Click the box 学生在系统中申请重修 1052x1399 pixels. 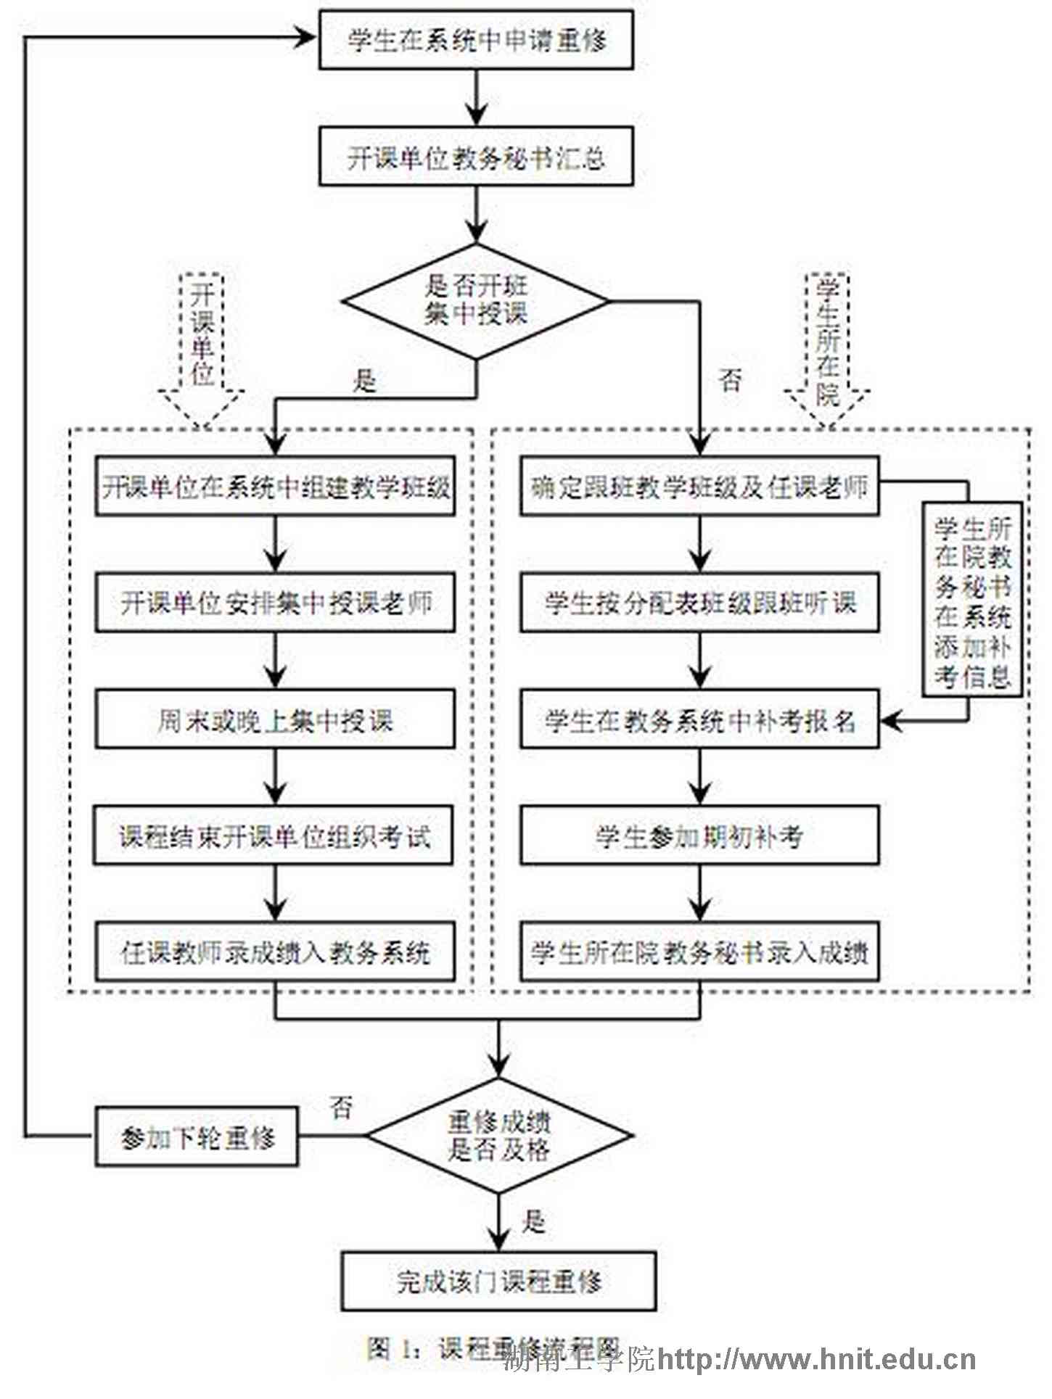click(x=476, y=41)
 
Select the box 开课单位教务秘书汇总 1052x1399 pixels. click(x=476, y=157)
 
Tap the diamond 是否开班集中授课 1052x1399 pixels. click(x=476, y=300)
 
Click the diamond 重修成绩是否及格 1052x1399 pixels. click(x=499, y=1136)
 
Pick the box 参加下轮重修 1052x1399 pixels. click(x=197, y=1136)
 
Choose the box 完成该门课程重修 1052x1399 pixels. click(x=499, y=1282)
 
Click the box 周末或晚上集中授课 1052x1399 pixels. click(x=275, y=719)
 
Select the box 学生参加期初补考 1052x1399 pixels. click(x=699, y=836)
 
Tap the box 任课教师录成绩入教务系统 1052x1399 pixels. click(x=275, y=952)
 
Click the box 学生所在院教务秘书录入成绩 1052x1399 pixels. click(x=699, y=952)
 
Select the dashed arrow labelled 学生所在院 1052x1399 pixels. click(x=827, y=348)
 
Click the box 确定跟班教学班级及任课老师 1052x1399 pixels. click(x=699, y=487)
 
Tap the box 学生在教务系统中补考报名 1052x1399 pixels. click(x=699, y=719)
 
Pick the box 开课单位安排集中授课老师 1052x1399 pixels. click(x=275, y=603)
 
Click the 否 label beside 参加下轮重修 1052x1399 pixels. click(x=341, y=1107)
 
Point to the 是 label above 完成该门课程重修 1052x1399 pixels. click(x=533, y=1222)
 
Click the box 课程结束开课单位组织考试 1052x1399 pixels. click(x=274, y=836)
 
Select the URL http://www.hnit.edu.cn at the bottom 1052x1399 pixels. click(x=816, y=1360)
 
